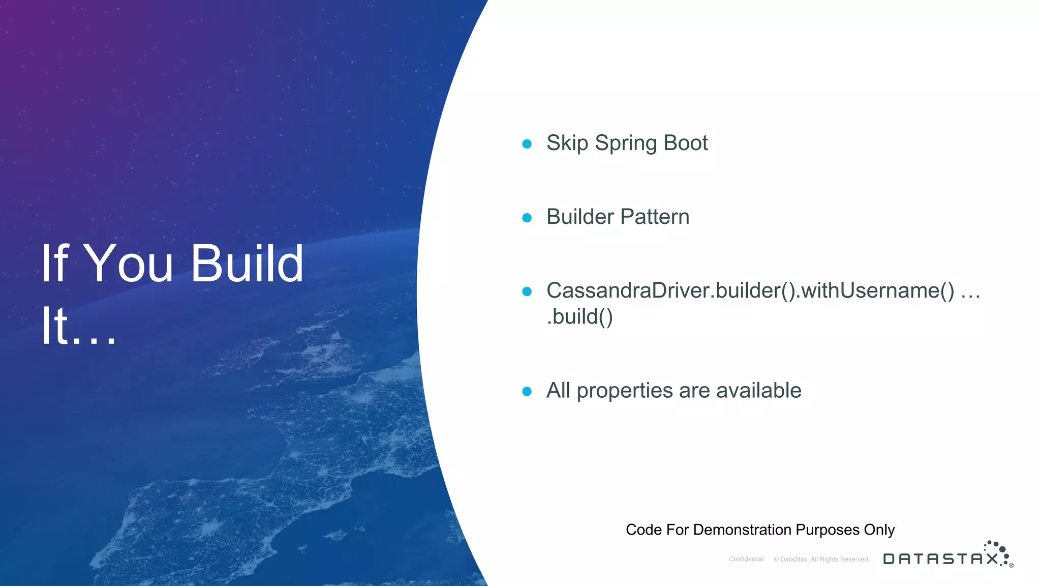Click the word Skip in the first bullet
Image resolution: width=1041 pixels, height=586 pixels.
pos(567,143)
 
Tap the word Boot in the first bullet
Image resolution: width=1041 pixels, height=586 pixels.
pos(686,143)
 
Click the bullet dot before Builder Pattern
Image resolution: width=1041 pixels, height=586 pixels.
pos(527,218)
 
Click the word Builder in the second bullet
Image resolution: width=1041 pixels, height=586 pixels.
pos(580,217)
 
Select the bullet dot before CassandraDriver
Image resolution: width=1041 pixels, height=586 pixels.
pos(527,291)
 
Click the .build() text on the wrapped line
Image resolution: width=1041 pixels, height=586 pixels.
pos(580,317)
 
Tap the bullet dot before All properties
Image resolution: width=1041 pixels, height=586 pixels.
pos(527,391)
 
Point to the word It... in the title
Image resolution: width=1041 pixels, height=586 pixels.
pos(79,327)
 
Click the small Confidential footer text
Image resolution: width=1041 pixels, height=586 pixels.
pos(746,559)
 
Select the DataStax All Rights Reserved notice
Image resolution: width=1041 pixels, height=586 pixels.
pos(821,559)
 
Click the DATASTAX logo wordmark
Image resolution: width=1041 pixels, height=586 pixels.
pos(941,559)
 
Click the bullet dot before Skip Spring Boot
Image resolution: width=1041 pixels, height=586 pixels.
pos(527,144)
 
